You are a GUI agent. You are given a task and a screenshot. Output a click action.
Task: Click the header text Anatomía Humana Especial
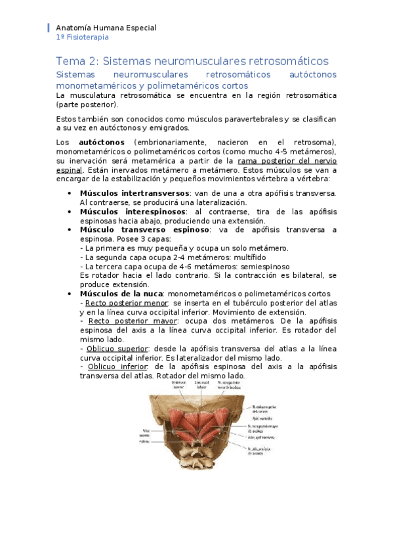click(x=106, y=28)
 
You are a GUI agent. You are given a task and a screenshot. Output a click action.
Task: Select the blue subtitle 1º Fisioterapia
click(x=83, y=38)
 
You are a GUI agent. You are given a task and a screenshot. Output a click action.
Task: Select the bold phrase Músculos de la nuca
click(x=121, y=294)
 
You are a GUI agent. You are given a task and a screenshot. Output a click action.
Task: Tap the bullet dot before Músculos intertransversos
click(x=70, y=193)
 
